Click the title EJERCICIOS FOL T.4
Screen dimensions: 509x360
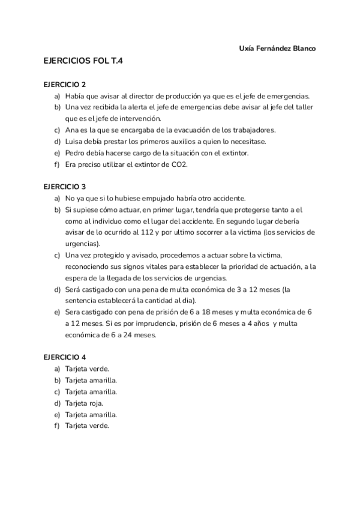(83, 61)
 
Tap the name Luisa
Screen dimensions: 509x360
(74, 141)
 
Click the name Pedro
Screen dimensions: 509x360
(75, 152)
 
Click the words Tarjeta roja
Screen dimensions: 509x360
(84, 403)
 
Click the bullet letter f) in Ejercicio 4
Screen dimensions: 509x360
(57, 426)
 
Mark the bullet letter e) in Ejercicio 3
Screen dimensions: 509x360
(57, 312)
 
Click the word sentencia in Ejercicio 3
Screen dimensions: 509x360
(82, 301)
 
